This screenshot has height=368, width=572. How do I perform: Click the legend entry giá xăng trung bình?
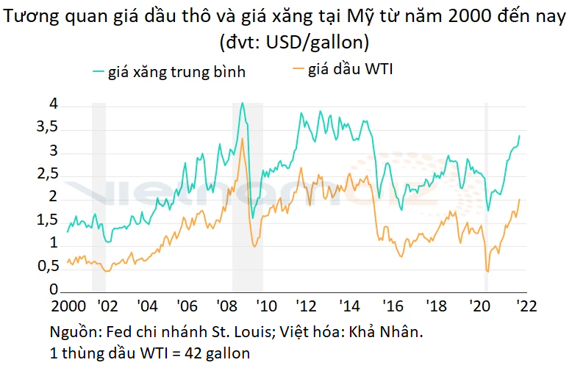[x=176, y=72]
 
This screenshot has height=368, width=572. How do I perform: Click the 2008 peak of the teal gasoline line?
[x=243, y=104]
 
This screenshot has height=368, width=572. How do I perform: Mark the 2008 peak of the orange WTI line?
[x=243, y=138]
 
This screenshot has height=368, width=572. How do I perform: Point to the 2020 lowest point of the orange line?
[x=488, y=272]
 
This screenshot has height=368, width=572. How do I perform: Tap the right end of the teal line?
[x=520, y=135]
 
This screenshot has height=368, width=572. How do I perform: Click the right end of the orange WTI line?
[x=520, y=199]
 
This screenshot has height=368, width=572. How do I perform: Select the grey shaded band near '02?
[x=99, y=198]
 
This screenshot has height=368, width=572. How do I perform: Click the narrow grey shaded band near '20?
[x=486, y=198]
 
